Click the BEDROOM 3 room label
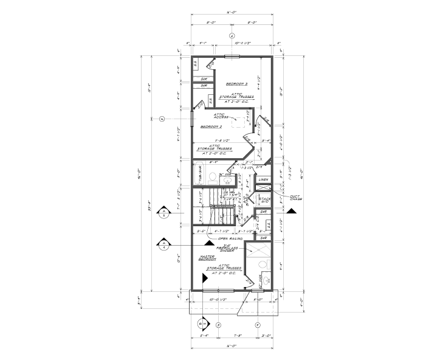pyautogui.click(x=236, y=84)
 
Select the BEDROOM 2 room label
pyautogui.click(x=211, y=126)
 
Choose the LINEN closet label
pyautogui.click(x=264, y=180)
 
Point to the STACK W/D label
pyautogui.click(x=264, y=199)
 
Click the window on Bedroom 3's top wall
pyautogui.click(x=232, y=57)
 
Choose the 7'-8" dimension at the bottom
pyautogui.click(x=238, y=335)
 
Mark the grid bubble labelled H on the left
pyautogui.click(x=162, y=119)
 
